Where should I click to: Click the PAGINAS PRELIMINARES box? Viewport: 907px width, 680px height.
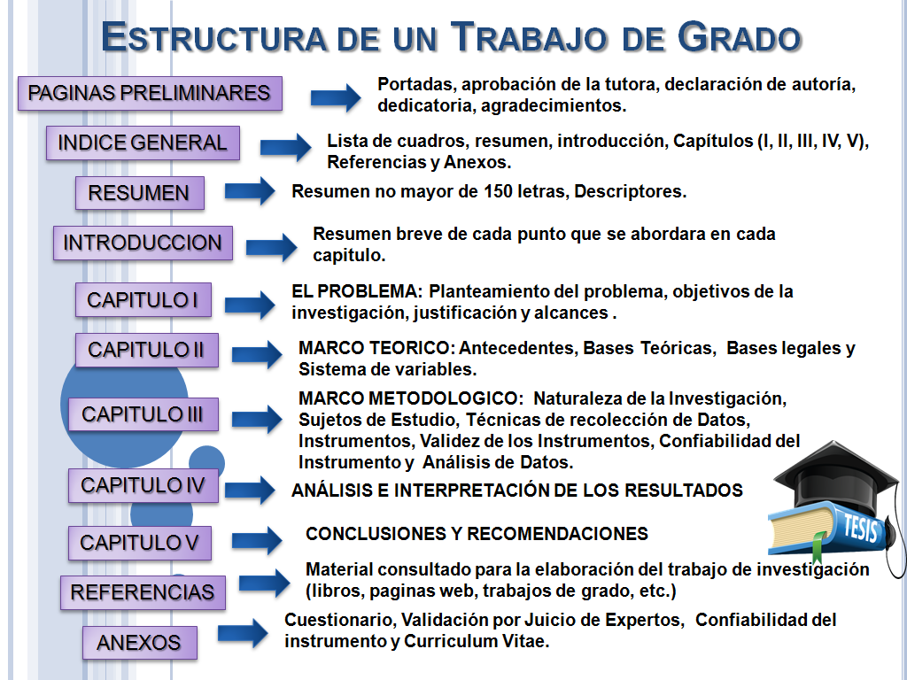[150, 93]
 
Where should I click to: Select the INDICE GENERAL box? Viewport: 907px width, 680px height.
[143, 143]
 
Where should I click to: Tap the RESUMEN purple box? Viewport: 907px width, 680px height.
[139, 193]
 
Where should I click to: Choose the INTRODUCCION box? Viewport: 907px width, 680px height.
[143, 243]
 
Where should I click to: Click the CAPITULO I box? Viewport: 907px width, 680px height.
[143, 300]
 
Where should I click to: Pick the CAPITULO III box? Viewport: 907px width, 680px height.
[143, 413]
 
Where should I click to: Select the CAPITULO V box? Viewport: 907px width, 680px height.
[140, 542]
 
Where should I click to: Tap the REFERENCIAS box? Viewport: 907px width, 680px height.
[143, 592]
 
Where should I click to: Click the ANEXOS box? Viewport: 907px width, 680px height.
[139, 643]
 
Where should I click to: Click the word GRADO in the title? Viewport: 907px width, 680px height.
[740, 37]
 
